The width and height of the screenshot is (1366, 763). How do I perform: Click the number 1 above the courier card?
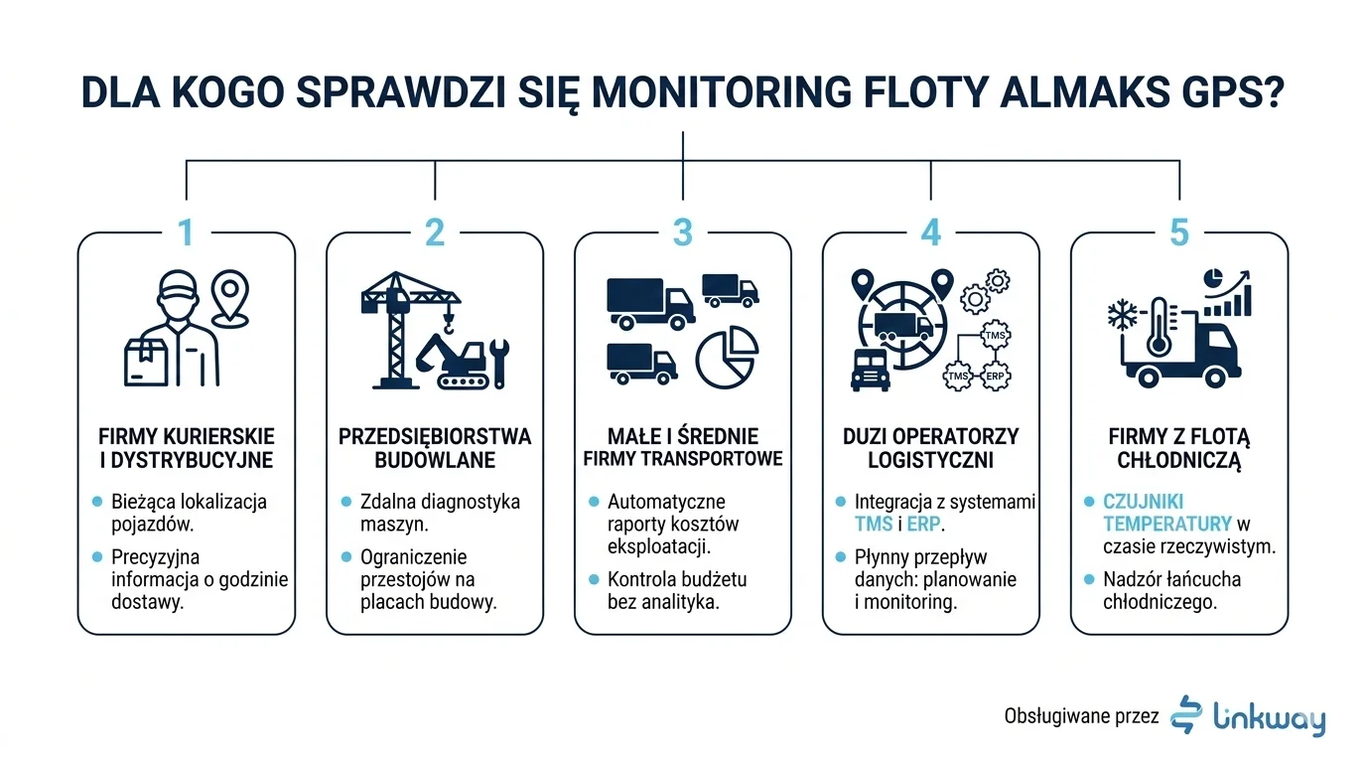click(x=186, y=232)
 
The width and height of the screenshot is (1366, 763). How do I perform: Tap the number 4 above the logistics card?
click(x=930, y=232)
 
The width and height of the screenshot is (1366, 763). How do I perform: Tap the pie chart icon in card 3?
click(x=727, y=359)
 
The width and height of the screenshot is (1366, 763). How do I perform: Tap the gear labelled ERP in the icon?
click(x=994, y=377)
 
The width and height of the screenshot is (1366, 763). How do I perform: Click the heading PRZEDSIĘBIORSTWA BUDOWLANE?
click(x=435, y=448)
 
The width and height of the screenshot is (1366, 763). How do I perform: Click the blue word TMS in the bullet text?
click(x=874, y=524)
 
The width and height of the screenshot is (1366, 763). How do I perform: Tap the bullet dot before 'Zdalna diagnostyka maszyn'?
click(x=345, y=502)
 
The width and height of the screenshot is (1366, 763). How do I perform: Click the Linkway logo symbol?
click(x=1186, y=714)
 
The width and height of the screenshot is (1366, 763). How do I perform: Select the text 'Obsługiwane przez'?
click(x=1081, y=715)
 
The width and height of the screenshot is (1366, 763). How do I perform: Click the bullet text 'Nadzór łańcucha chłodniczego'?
click(x=1171, y=590)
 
